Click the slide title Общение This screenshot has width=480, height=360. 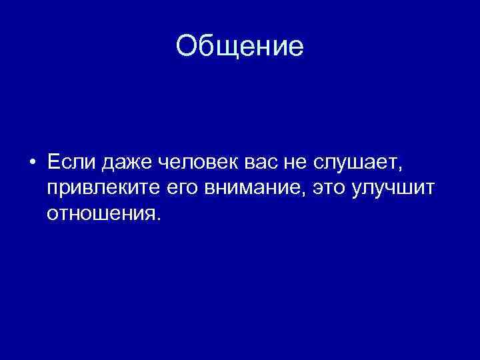(240, 47)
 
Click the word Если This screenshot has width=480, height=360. (70, 162)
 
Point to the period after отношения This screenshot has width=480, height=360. (159, 219)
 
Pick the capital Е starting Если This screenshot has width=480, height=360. (53, 162)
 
